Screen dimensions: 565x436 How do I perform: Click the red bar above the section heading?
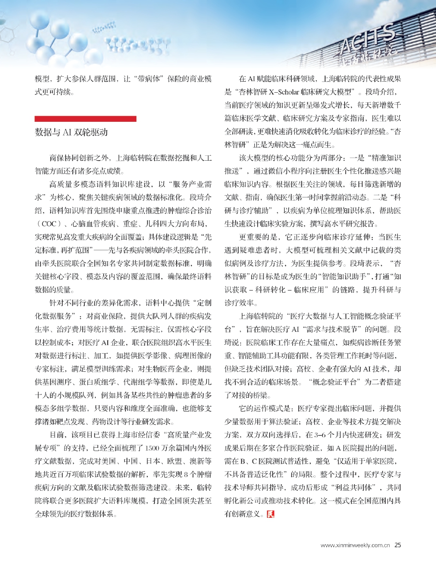coord(86,119)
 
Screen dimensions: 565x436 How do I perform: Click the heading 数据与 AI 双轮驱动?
coord(71,132)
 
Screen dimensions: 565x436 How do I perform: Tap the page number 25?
coord(398,545)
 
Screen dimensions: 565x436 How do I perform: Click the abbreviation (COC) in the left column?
coord(45,224)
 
